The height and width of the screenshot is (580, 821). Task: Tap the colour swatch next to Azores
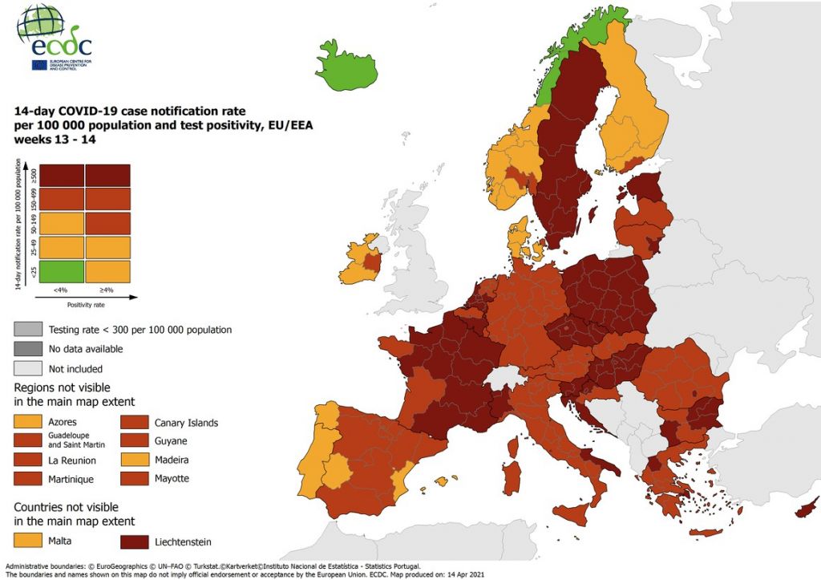click(27, 422)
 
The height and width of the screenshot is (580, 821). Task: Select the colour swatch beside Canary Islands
click(135, 422)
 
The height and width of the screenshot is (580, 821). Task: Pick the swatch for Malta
click(27, 541)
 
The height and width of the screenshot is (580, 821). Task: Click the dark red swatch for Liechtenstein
click(135, 541)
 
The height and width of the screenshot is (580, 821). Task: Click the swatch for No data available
click(27, 349)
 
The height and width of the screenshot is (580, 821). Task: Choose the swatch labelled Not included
click(27, 369)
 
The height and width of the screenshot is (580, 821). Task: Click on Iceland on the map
click(346, 66)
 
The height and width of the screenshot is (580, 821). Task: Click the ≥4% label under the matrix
click(107, 290)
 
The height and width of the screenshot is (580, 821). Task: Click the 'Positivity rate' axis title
click(84, 305)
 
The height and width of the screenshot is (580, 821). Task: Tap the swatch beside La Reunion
click(27, 460)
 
